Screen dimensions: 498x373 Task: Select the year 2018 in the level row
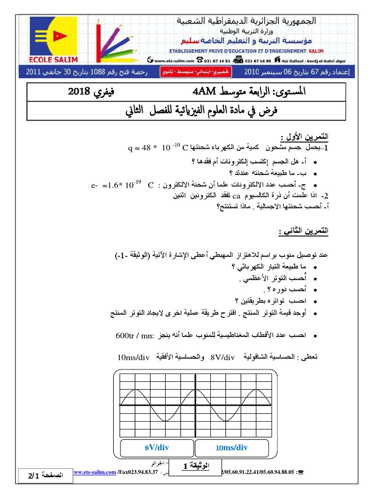83,91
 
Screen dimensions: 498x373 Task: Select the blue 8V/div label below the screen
156,447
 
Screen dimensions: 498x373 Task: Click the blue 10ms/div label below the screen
231,447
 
